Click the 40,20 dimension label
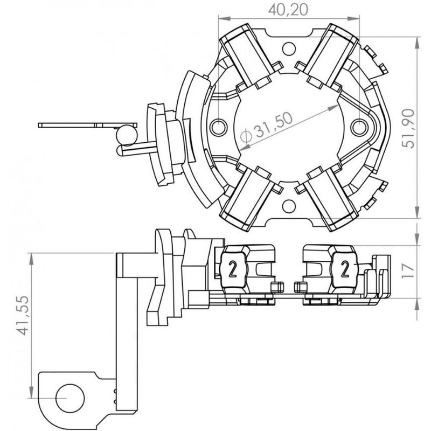click(288, 10)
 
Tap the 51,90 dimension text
click(408, 129)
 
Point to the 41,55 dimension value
click(23, 315)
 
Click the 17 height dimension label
click(408, 271)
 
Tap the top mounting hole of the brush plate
click(289, 48)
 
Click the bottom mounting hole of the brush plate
click(289, 206)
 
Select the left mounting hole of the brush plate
click(219, 127)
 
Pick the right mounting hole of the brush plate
click(359, 127)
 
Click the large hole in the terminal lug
click(70, 398)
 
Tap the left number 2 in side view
click(233, 269)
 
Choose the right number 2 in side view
click(345, 269)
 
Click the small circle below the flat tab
click(127, 135)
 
